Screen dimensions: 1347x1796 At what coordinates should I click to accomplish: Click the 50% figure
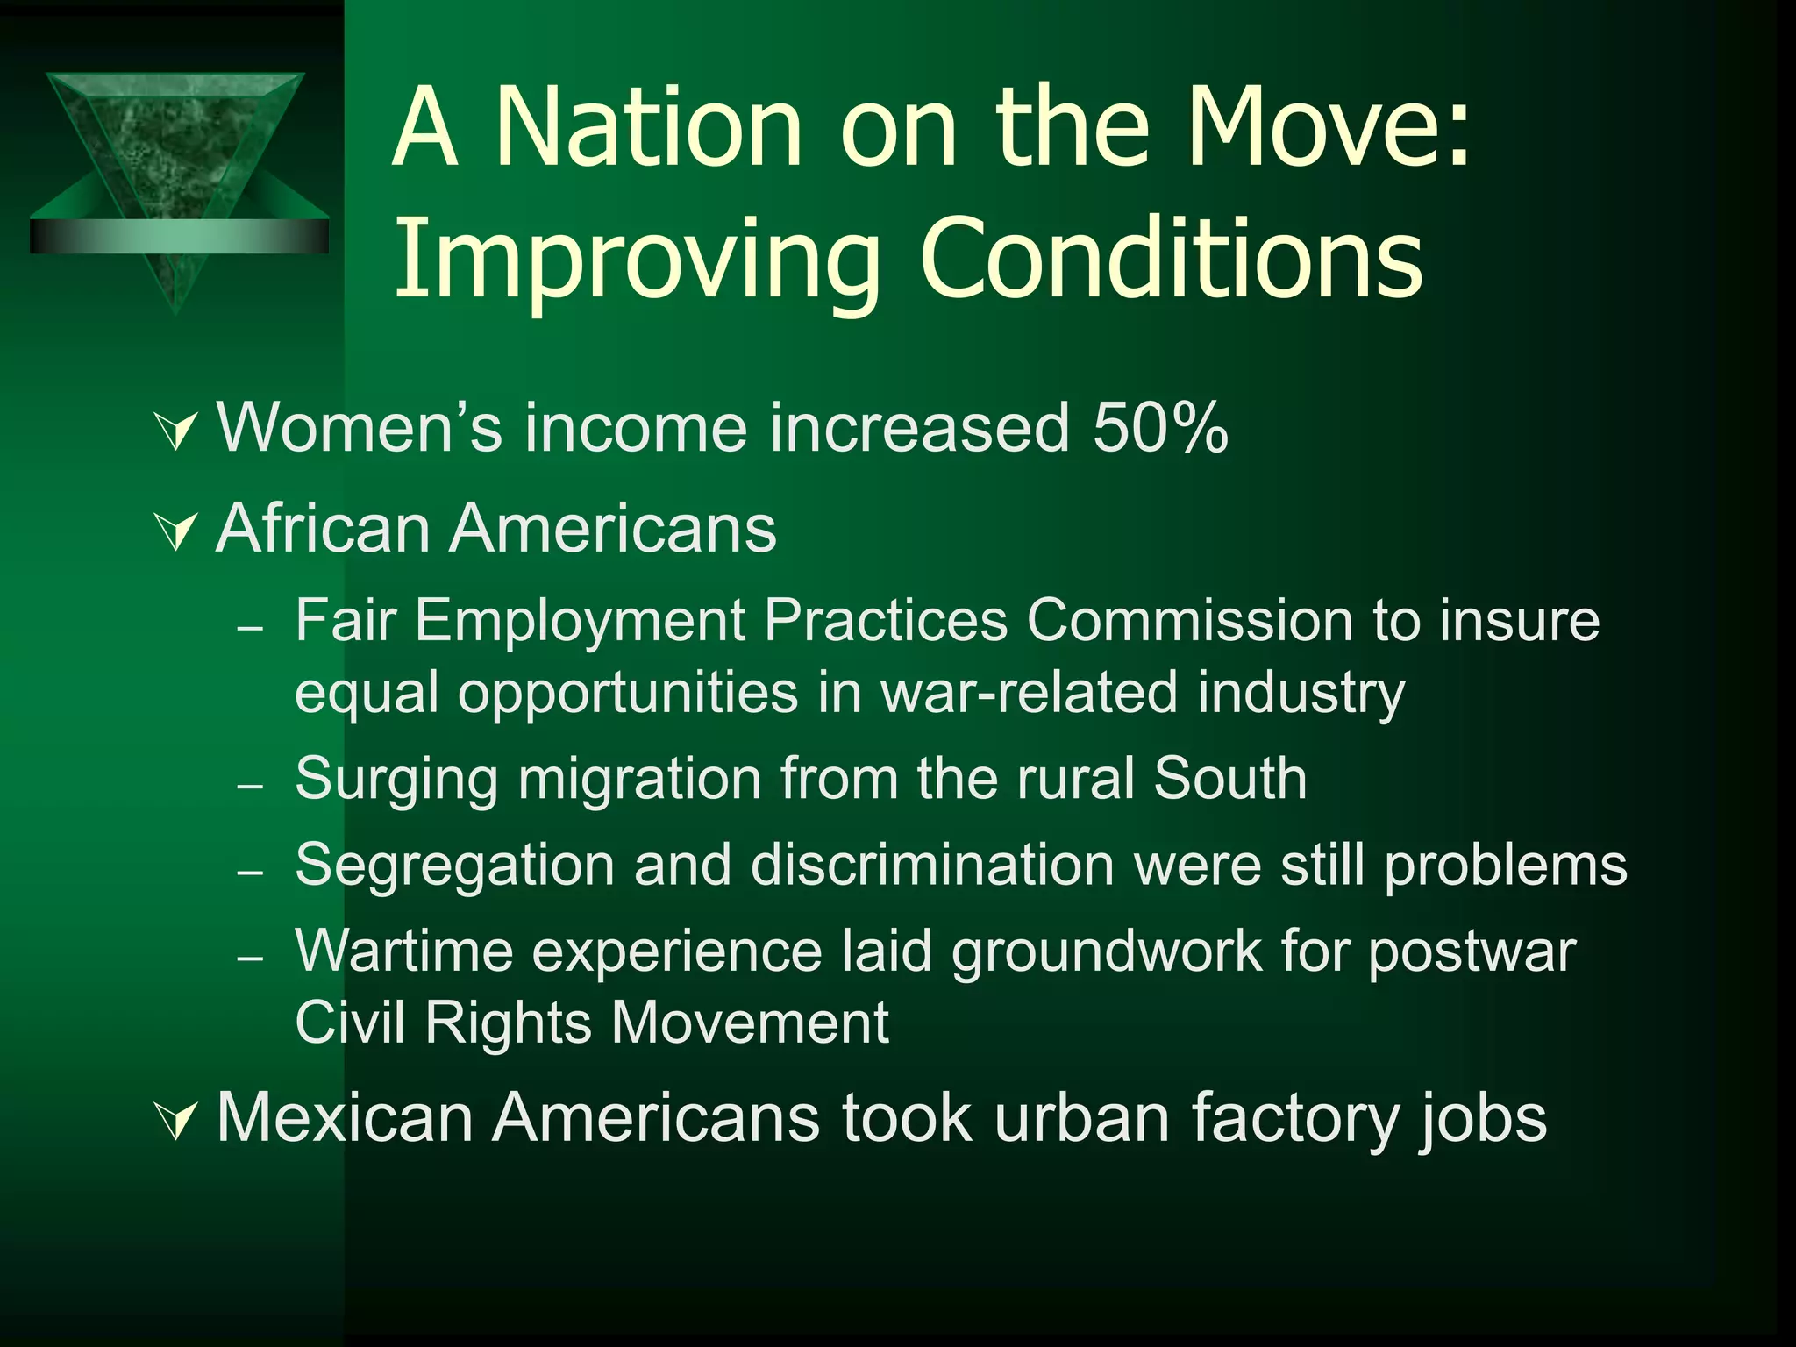1160,429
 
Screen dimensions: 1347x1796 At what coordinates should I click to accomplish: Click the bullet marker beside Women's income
177,431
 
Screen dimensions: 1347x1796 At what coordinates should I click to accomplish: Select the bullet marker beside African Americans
177,531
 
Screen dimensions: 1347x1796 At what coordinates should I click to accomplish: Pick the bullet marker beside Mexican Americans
177,1121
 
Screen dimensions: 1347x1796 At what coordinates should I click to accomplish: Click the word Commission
1190,621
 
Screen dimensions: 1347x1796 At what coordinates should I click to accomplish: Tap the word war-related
1029,693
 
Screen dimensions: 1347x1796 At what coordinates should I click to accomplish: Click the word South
1229,779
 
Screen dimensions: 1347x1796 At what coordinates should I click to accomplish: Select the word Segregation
455,866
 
